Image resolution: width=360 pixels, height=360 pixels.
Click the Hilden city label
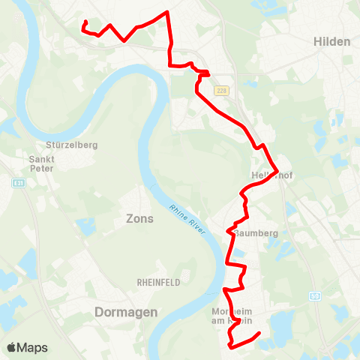point(332,41)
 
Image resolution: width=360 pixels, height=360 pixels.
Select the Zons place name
point(139,219)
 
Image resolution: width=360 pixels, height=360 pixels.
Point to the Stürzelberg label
point(73,145)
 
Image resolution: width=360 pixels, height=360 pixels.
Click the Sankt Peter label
point(40,163)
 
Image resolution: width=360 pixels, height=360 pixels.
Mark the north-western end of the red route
point(84,22)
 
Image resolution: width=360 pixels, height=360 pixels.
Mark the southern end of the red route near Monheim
point(259,332)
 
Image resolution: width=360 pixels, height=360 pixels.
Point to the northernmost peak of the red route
point(166,12)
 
